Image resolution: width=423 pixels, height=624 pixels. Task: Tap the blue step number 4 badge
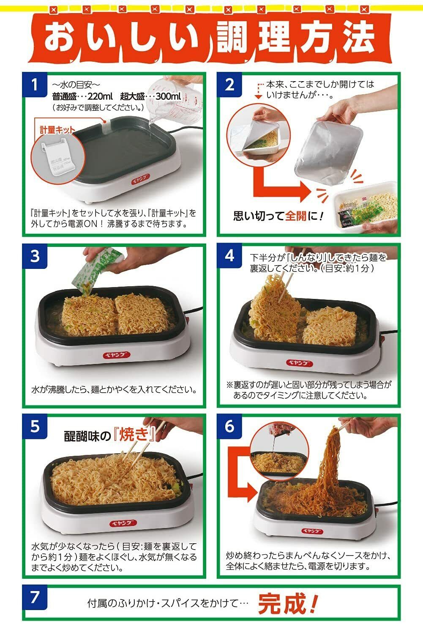229,255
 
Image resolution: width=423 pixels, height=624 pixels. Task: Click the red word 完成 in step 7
287,604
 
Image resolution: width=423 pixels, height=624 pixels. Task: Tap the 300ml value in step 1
168,96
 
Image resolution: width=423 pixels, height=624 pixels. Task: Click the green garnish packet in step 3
94,271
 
